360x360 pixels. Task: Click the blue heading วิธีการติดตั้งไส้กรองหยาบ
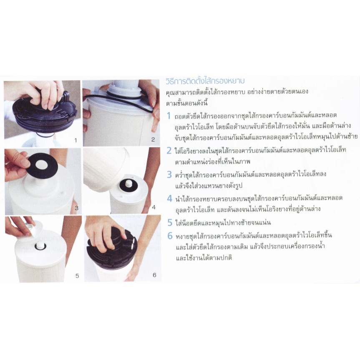pos(205,81)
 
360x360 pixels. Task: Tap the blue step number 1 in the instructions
pos(169,116)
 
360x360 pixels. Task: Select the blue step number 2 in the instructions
pos(169,151)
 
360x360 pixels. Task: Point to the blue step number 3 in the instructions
pos(169,175)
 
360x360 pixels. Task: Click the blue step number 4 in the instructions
pos(169,199)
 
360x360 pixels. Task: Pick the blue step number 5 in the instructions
pos(170,222)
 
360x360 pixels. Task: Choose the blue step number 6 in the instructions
pos(170,236)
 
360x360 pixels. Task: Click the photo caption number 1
pos(76,140)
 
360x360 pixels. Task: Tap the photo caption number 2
pos(153,139)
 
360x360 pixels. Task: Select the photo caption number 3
pos(77,208)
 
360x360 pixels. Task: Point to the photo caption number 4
pos(154,207)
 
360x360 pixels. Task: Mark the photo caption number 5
pos(77,276)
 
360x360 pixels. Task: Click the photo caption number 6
pos(154,275)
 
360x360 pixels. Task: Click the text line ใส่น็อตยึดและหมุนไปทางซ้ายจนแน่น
pos(223,223)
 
